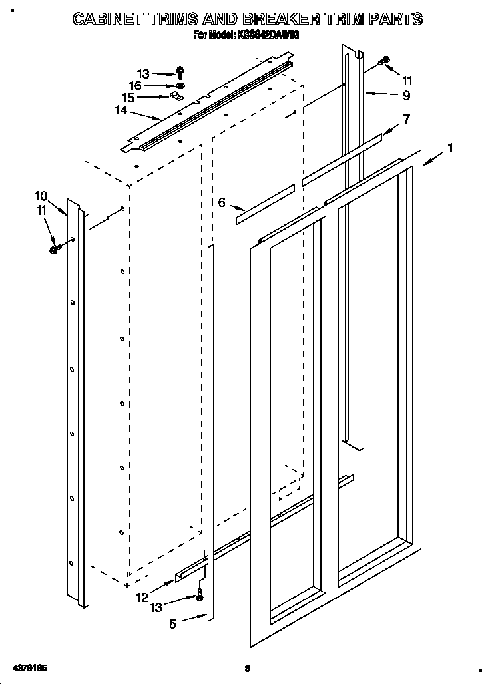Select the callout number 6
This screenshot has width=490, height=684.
tap(222, 202)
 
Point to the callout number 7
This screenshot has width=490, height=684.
tap(406, 119)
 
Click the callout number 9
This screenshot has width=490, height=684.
tap(406, 96)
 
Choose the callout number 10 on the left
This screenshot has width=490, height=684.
tap(41, 196)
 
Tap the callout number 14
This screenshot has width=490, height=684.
tap(121, 111)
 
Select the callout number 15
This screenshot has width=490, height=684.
tap(128, 98)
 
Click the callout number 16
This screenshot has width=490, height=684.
tap(135, 85)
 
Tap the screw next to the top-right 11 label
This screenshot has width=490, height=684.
tap(383, 61)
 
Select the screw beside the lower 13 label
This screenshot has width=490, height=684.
tap(200, 597)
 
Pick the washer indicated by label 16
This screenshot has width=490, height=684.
tap(180, 86)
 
